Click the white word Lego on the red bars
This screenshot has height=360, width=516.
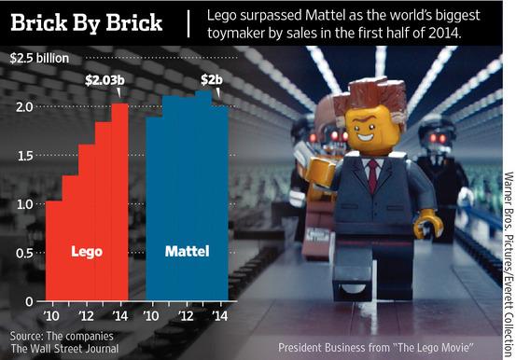point(88,251)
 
